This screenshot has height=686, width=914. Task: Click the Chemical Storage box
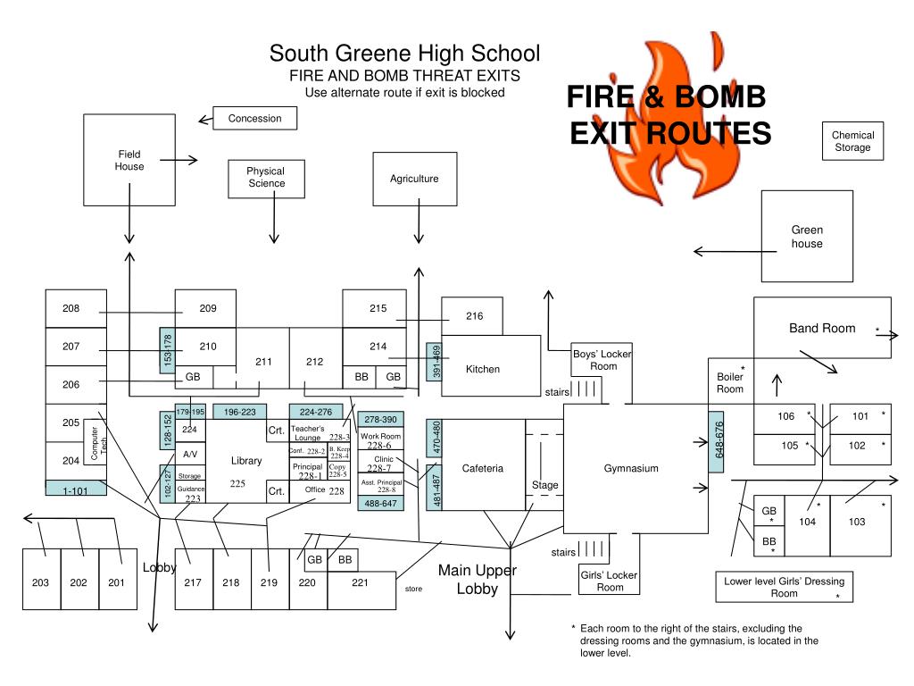pos(852,141)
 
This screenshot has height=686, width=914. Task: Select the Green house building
pos(806,237)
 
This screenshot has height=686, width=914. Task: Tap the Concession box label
pos(254,118)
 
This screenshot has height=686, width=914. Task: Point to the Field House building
pos(129,160)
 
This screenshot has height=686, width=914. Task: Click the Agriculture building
pos(414,179)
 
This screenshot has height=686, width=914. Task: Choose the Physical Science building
pos(266,177)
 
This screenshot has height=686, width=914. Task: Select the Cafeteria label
pos(483,468)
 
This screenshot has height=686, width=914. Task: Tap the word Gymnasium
pos(631,468)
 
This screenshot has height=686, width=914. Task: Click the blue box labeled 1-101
pos(76,489)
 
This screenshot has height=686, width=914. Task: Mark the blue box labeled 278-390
pos(380,418)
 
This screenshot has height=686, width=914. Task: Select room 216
pos(474,316)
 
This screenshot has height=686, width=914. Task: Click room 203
pos(41,582)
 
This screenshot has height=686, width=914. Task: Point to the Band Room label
pos(821,328)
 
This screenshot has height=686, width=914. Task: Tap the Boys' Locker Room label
pos(603,360)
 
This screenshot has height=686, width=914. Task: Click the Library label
pos(246,461)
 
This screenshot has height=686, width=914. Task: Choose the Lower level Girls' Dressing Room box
pos(784,587)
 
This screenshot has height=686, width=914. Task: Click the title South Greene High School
pos(404,54)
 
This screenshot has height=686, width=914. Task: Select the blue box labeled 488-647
pos(380,504)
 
